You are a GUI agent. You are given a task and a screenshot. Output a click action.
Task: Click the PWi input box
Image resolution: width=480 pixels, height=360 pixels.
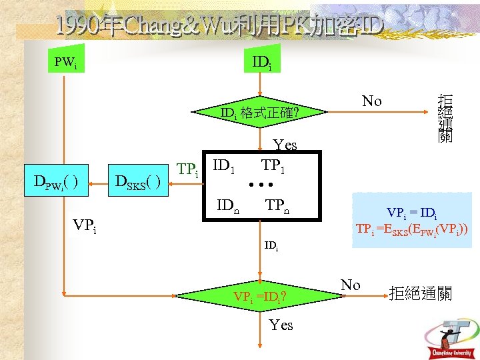[x=65, y=63]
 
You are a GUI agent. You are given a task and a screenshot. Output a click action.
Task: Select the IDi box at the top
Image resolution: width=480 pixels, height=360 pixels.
[x=261, y=63]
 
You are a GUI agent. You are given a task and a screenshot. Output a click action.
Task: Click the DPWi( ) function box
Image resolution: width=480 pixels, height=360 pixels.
[x=57, y=182]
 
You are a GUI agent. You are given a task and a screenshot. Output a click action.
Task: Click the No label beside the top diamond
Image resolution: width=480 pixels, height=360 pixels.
[x=371, y=101]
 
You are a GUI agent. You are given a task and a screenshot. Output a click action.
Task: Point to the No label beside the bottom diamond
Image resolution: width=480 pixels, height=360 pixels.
[x=351, y=285]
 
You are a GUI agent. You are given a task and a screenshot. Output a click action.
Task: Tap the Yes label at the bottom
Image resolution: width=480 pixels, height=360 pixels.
[x=281, y=325]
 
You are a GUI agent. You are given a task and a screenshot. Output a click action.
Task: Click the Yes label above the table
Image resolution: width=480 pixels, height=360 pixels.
[x=285, y=145]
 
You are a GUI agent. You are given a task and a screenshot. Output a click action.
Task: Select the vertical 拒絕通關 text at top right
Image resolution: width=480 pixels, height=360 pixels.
[x=445, y=118]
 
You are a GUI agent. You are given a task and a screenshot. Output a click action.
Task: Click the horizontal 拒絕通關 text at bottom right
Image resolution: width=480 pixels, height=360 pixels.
[x=420, y=293]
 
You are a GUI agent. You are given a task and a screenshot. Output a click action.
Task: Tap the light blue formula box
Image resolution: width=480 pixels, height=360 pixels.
[x=411, y=221]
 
